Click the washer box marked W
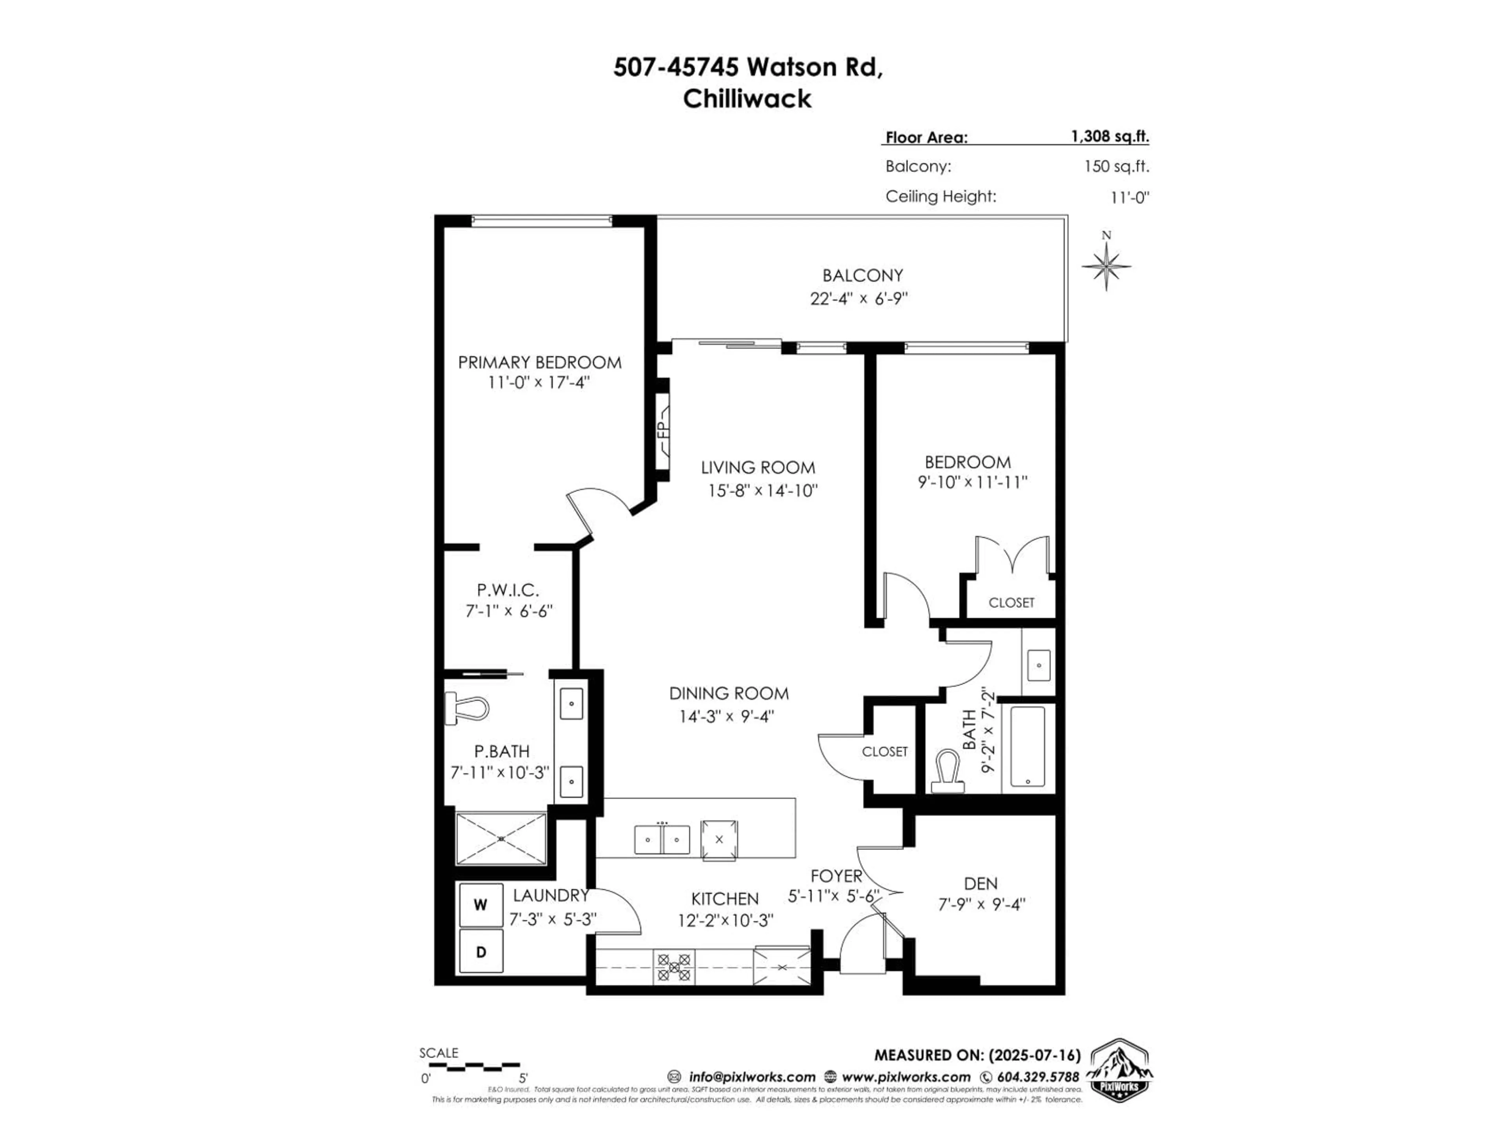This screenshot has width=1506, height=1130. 481,904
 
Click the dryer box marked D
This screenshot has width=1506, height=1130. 481,951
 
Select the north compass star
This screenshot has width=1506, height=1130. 1106,266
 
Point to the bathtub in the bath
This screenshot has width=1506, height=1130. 1028,747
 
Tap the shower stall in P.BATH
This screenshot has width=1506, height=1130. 500,838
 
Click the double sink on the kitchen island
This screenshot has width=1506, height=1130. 661,839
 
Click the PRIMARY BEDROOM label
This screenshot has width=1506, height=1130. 539,363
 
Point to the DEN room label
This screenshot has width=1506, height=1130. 980,884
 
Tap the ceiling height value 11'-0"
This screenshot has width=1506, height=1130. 1129,197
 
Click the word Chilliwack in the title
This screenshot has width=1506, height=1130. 747,99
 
